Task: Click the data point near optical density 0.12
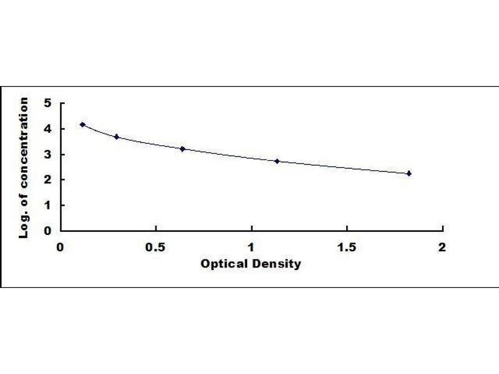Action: (83, 125)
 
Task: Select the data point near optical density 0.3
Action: (117, 137)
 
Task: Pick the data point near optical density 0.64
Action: (183, 148)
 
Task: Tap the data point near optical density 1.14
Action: (277, 161)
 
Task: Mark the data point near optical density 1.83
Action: (409, 173)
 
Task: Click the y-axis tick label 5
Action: (47, 103)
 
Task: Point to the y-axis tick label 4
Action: (47, 129)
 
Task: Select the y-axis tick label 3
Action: (47, 155)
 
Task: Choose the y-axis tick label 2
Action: (47, 180)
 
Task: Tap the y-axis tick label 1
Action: (47, 205)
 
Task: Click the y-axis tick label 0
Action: (47, 231)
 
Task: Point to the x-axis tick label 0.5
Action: (156, 246)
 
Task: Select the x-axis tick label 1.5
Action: (347, 246)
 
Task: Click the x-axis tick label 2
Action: (442, 246)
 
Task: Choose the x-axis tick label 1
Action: (251, 246)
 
